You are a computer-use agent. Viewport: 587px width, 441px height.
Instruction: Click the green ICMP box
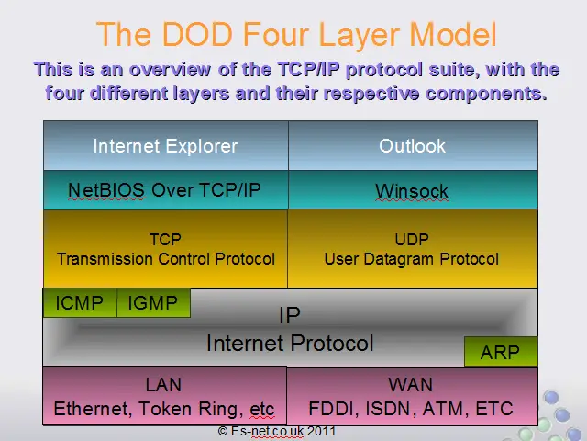tap(80, 303)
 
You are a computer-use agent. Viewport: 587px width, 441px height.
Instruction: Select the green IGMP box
tap(153, 303)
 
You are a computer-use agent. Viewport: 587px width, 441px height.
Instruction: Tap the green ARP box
tap(501, 351)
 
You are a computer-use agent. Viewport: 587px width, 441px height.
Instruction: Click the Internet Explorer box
tap(166, 145)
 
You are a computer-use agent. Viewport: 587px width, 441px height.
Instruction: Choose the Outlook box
tap(413, 145)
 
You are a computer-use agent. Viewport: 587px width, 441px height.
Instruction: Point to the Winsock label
tap(412, 191)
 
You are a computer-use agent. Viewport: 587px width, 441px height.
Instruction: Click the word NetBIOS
tap(106, 190)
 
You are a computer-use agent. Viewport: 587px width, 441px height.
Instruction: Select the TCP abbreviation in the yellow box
tap(165, 239)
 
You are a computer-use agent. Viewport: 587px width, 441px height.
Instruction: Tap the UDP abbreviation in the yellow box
tap(412, 239)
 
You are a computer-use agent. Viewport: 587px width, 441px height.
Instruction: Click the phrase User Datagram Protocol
tap(412, 259)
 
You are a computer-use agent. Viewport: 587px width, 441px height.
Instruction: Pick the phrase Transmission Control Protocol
tap(166, 259)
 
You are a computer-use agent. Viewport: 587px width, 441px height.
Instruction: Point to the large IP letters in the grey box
tap(290, 315)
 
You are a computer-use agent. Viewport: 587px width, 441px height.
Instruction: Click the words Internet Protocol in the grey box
tap(290, 344)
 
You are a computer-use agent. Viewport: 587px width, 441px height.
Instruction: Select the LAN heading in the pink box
tap(163, 385)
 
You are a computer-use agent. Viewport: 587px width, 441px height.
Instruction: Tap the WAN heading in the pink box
tap(411, 385)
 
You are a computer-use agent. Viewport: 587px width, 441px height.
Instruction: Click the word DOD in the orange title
tap(197, 34)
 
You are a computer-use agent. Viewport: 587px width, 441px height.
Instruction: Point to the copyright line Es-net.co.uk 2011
tap(277, 431)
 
